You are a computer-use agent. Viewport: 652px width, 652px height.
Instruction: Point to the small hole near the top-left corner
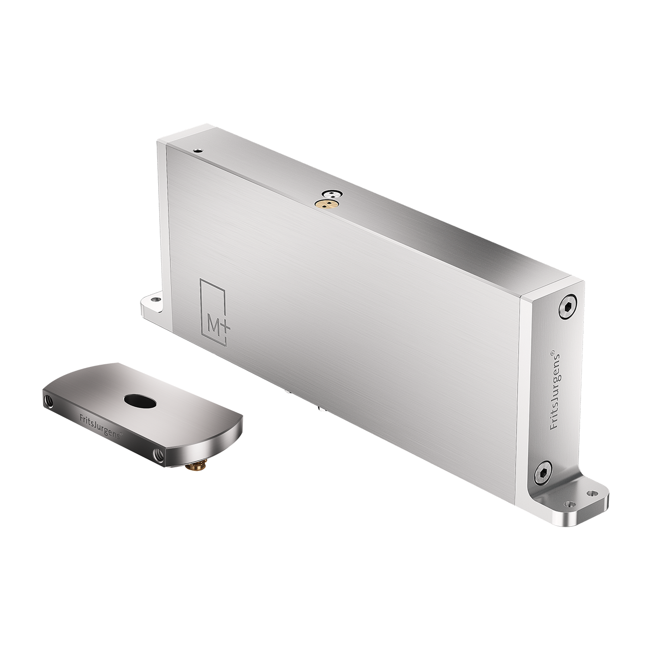click(x=198, y=151)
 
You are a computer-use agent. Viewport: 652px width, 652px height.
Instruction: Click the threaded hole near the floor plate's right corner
click(x=157, y=453)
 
